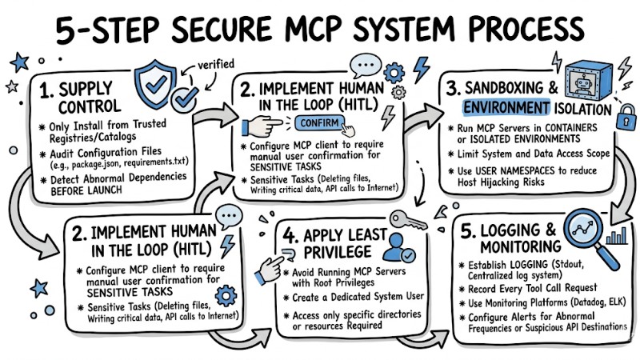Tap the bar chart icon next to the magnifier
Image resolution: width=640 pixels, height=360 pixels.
[616, 234]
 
